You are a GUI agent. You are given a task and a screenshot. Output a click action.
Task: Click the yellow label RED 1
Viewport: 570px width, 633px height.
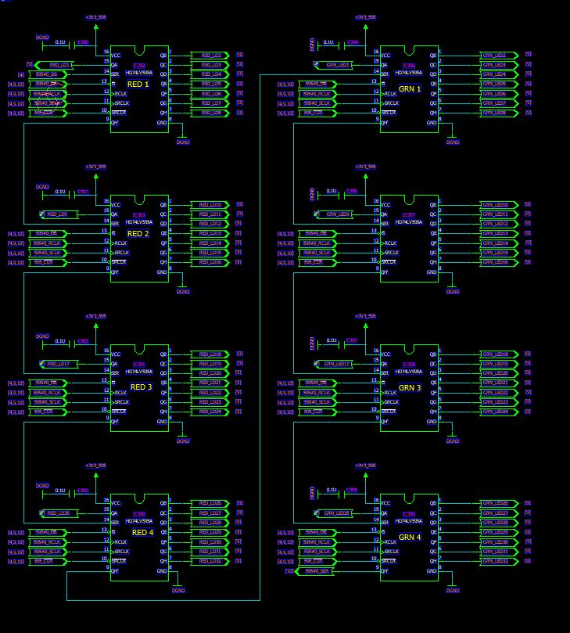[x=138, y=84]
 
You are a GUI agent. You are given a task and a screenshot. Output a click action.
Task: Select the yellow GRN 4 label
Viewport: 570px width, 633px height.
[x=410, y=538]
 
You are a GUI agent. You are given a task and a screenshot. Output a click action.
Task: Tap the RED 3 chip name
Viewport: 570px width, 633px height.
[x=142, y=387]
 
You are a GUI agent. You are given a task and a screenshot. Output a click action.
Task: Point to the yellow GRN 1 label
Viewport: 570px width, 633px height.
[x=410, y=89]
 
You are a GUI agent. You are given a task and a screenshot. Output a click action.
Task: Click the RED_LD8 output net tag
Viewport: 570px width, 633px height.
[x=211, y=113]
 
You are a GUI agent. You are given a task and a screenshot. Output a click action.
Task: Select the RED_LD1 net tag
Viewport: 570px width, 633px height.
[x=59, y=65]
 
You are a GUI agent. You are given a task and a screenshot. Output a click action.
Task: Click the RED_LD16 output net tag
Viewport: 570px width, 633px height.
[x=210, y=262]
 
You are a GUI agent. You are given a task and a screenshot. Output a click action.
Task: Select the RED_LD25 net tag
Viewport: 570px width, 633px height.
[x=59, y=513]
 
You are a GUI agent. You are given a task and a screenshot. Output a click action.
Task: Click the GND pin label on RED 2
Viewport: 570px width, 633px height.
[x=161, y=272]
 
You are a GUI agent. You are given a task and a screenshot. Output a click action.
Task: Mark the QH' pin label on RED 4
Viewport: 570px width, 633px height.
[x=116, y=570]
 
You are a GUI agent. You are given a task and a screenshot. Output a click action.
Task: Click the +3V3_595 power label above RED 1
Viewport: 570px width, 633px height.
[x=96, y=16]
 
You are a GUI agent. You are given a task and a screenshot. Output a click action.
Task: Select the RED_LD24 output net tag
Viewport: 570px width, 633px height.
[x=210, y=412]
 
